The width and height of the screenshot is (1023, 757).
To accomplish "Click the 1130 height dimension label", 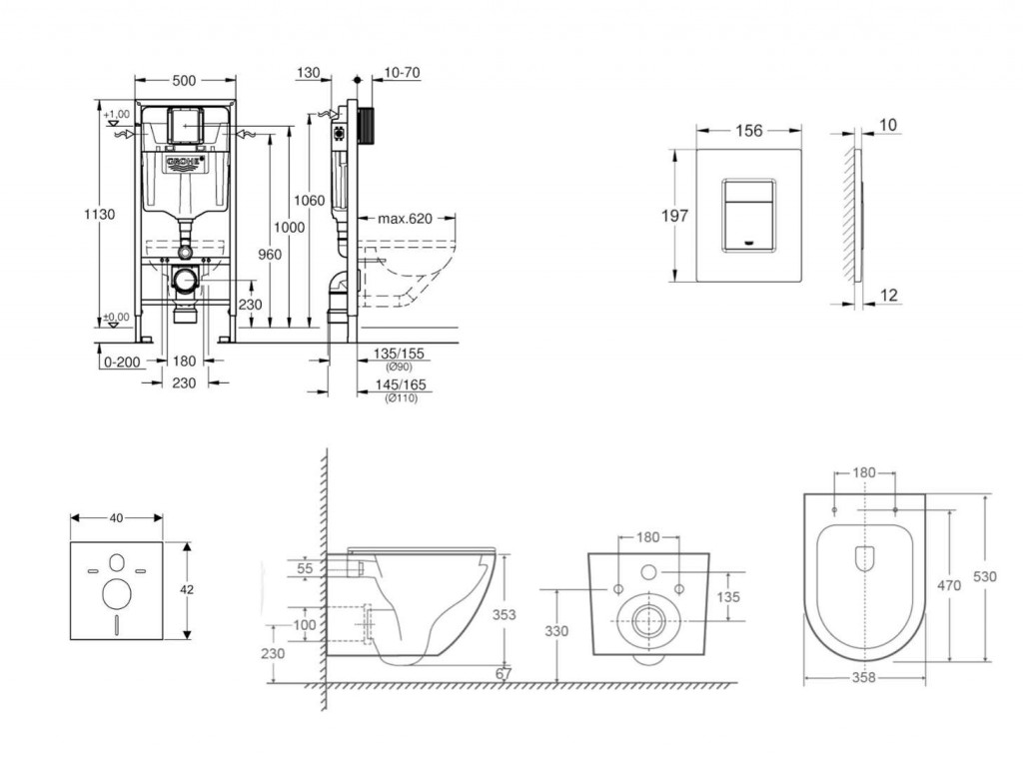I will (x=100, y=214).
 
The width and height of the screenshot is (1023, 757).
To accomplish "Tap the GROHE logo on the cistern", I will (x=186, y=161).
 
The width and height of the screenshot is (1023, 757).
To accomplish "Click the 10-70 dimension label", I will (x=402, y=72).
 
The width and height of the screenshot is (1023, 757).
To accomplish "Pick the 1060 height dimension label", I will (x=311, y=201).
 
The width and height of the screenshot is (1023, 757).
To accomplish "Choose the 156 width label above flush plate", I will (x=748, y=130).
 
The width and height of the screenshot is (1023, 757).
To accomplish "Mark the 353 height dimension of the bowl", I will (x=505, y=615).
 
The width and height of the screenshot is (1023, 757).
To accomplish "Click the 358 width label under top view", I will (x=865, y=677).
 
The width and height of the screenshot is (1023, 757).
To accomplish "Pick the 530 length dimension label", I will (x=1001, y=577).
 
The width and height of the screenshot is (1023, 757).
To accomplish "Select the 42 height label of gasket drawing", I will (x=187, y=589).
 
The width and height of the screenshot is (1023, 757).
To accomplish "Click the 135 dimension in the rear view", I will (x=728, y=597).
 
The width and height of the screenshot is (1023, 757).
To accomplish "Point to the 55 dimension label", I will (x=306, y=568).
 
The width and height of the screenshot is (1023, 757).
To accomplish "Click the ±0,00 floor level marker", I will (x=117, y=319).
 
